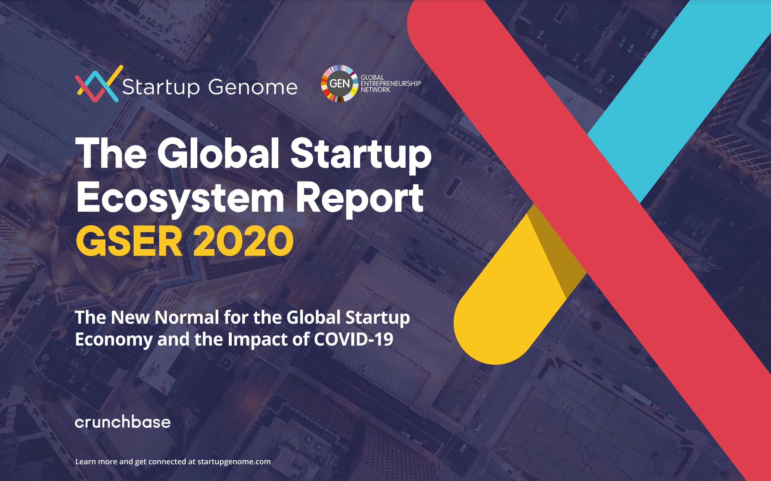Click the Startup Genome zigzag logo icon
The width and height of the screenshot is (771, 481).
[98, 84]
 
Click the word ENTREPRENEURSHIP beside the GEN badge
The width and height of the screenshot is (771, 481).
[390, 84]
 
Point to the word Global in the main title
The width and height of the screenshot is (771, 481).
[218, 153]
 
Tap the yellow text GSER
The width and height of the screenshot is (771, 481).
[129, 241]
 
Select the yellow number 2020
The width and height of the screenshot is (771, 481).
[243, 241]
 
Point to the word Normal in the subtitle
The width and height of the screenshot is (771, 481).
[187, 317]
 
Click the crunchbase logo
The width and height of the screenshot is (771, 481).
[122, 422]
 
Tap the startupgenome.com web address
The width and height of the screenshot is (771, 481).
[234, 461]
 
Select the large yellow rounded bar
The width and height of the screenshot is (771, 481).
[506, 302]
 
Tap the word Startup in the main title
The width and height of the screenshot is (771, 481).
[361, 153]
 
